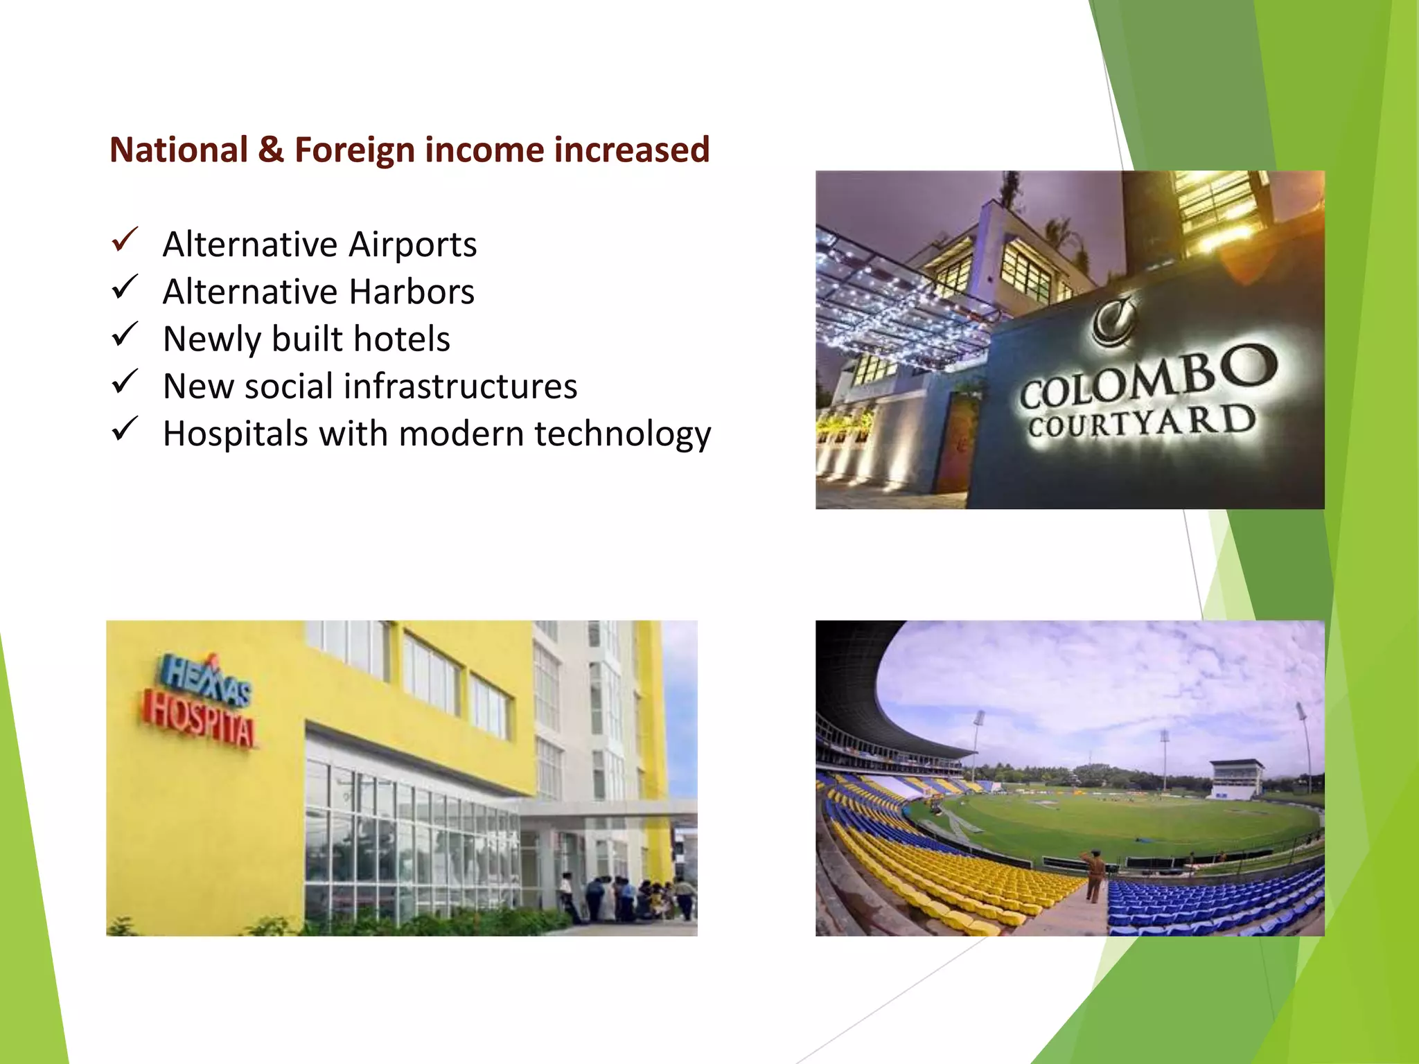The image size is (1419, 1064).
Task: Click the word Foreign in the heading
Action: [354, 150]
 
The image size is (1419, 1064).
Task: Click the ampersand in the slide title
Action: [271, 150]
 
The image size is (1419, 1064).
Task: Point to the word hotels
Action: [402, 339]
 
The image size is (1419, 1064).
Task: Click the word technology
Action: [623, 434]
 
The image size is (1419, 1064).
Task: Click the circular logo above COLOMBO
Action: [1113, 321]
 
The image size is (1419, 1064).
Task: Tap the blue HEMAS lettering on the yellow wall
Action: [206, 679]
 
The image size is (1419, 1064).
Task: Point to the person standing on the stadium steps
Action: [1094, 876]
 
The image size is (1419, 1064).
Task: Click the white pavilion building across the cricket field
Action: [1237, 777]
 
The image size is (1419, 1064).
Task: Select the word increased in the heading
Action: [632, 150]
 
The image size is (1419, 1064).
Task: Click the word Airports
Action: [412, 245]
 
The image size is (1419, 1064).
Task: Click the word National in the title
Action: [179, 150]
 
